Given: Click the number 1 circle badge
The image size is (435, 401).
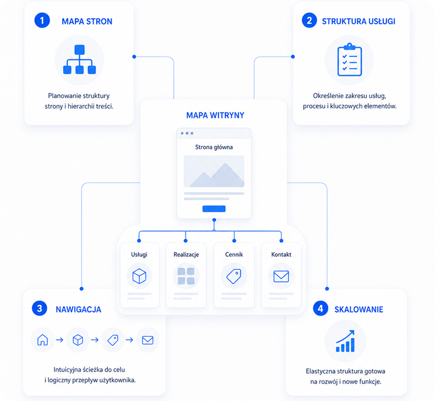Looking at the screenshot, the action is click(42, 21).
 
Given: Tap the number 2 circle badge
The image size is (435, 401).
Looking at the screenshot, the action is click(309, 21).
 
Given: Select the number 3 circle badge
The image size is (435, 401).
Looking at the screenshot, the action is click(40, 308).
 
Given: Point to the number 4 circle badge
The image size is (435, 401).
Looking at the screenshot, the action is click(321, 308).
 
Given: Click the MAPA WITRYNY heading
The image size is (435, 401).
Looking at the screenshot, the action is click(215, 115).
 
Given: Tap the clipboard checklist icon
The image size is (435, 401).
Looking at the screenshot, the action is click(350, 60).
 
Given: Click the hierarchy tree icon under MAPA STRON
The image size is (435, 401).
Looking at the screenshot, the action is click(79, 60).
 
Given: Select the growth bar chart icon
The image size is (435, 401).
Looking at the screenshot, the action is click(345, 341).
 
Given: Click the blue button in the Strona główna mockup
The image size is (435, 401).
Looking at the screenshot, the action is click(214, 209).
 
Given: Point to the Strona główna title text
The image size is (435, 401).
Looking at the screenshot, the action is click(214, 147).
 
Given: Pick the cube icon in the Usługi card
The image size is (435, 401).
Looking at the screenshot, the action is click(139, 276).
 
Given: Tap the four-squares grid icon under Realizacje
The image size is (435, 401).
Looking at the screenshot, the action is click(186, 276).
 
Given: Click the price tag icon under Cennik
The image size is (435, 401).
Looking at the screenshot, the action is click(234, 276).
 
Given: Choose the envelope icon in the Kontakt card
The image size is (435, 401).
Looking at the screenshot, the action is click(281, 276).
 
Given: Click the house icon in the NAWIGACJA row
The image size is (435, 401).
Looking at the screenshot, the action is click(43, 340).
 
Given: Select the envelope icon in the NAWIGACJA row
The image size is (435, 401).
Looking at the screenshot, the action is click(148, 340).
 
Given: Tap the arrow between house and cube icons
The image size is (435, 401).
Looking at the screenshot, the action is click(60, 340).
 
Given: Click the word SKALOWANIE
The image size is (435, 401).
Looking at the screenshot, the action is click(359, 310).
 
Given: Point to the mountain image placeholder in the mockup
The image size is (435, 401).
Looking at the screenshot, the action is click(214, 171).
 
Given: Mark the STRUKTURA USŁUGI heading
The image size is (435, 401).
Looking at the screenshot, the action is click(359, 21).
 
